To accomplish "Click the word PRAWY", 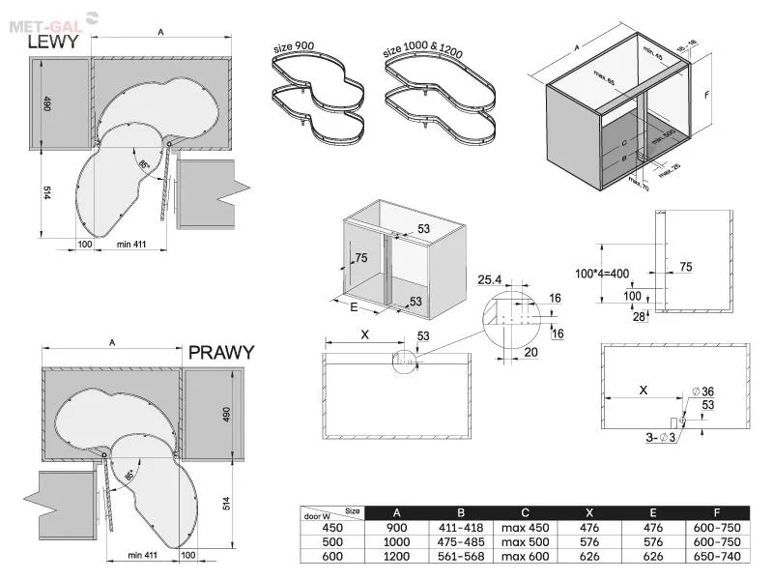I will click(x=221, y=352).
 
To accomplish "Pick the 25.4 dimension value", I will click(x=491, y=280).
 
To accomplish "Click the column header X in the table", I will click(x=588, y=512).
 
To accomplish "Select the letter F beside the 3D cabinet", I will click(x=708, y=96).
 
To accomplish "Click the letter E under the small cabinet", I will click(x=355, y=308).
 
